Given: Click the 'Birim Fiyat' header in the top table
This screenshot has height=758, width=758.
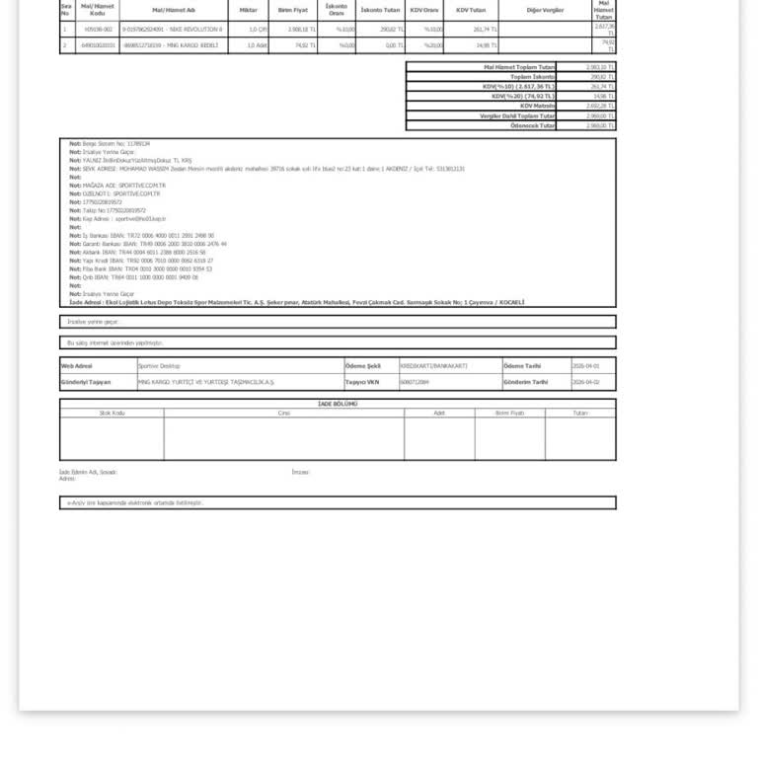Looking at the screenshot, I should (x=293, y=10).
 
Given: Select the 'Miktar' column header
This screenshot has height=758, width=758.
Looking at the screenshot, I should (x=248, y=10).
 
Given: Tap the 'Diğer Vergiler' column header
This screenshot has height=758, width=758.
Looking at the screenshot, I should (x=545, y=10).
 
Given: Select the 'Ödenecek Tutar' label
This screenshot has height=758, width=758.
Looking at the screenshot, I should (x=533, y=125).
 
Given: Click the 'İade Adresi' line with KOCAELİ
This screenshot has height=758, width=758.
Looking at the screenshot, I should (x=296, y=302).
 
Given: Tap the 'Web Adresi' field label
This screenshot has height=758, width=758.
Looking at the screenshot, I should (x=77, y=366).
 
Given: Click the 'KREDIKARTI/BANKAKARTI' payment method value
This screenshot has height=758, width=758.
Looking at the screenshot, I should (x=433, y=366).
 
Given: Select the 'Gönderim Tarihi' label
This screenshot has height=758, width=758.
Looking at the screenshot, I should (x=525, y=382).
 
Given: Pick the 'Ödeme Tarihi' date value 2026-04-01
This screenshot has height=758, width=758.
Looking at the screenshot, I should (x=585, y=366).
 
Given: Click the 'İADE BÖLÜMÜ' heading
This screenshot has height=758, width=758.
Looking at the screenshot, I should (x=338, y=404).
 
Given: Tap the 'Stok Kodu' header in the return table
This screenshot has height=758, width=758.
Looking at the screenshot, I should (x=112, y=414).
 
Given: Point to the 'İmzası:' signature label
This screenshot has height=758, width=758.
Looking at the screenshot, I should (x=300, y=472).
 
